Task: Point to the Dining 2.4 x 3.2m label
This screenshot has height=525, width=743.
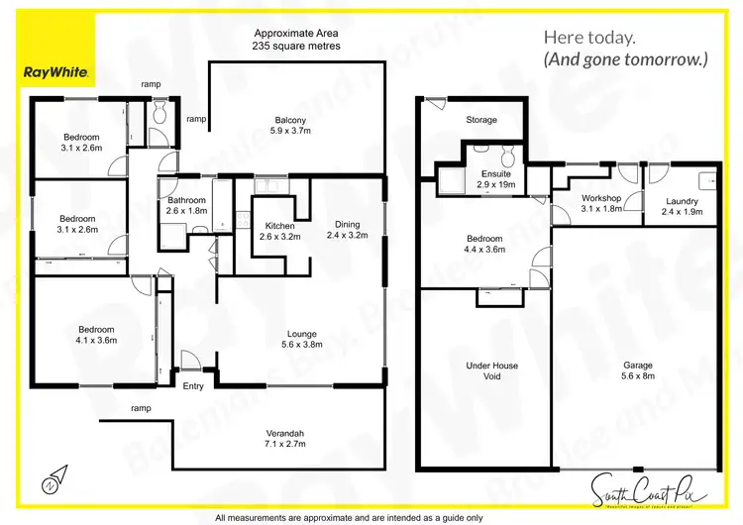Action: [x=347, y=229]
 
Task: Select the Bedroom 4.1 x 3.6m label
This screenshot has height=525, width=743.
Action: [x=96, y=335]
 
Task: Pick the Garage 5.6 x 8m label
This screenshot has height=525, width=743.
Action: [x=637, y=370]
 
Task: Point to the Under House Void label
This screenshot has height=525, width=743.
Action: [x=491, y=370]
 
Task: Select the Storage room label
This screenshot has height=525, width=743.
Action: [x=481, y=121]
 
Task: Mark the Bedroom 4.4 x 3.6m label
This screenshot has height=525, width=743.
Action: [x=484, y=244]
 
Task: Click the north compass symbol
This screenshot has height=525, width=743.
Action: [x=51, y=482]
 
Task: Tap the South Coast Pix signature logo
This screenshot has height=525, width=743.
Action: [x=641, y=487]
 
